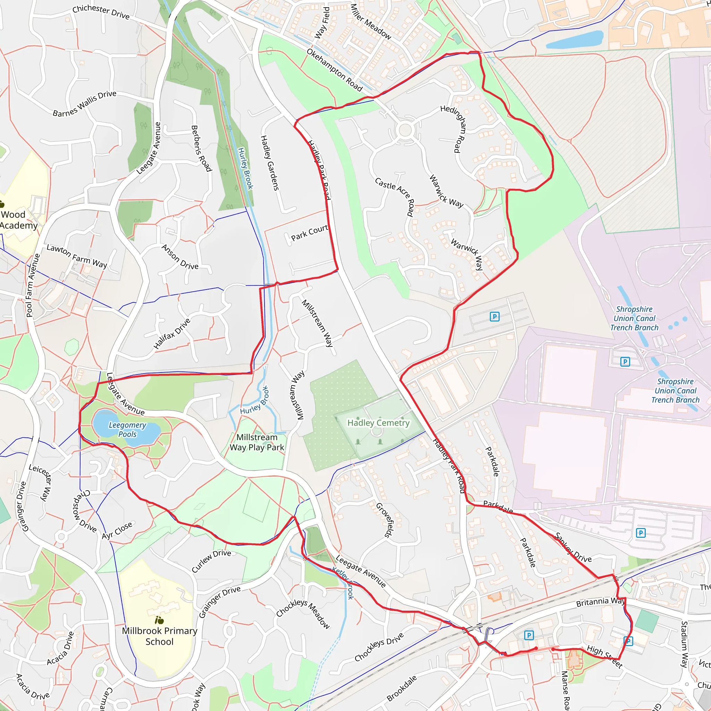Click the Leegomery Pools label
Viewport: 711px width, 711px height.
(x=127, y=429)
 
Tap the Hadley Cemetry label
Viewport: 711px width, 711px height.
(x=378, y=423)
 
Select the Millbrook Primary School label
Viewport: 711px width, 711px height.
(x=159, y=636)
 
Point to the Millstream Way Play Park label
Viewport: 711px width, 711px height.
(x=257, y=442)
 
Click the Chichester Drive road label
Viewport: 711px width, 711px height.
(x=101, y=12)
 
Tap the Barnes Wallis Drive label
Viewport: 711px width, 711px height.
(x=85, y=103)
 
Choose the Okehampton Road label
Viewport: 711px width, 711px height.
(x=335, y=70)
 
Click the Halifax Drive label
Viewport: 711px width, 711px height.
(x=172, y=333)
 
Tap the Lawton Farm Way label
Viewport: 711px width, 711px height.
(x=76, y=256)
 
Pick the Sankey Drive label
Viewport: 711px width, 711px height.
(x=574, y=547)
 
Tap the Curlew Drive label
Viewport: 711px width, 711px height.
(x=211, y=561)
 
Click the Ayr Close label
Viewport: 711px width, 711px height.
(x=117, y=530)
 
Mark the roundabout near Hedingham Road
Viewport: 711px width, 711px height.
(x=405, y=130)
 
